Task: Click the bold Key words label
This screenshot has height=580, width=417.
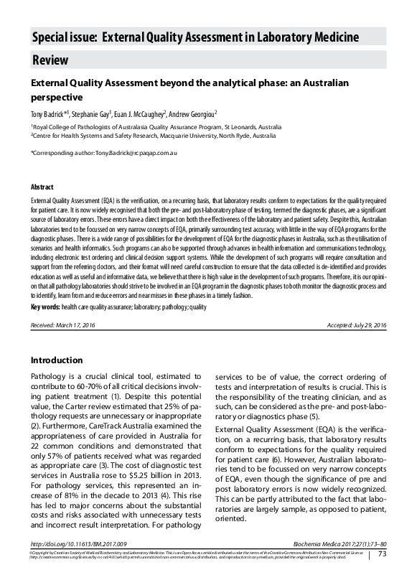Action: coord(45,307)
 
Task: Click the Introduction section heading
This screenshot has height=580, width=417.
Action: coord(61,360)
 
